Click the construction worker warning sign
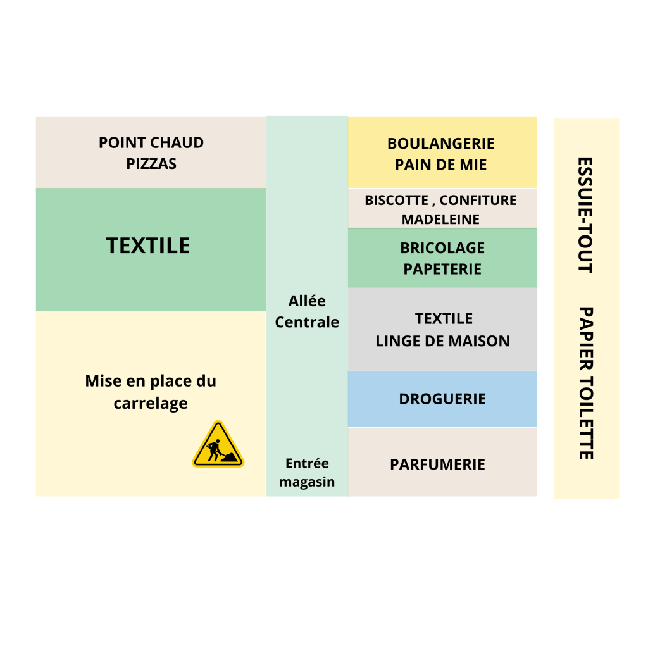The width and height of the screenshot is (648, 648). pyautogui.click(x=218, y=445)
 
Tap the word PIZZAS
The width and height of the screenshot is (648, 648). pyautogui.click(x=151, y=164)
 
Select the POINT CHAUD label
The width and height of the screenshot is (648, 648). pyautogui.click(x=151, y=142)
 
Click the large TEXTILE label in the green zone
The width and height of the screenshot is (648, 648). pyautogui.click(x=148, y=246)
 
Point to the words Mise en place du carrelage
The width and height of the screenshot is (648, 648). pyautogui.click(x=151, y=392)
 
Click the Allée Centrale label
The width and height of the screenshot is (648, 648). pyautogui.click(x=307, y=311)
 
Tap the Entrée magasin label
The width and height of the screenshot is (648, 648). pyautogui.click(x=307, y=473)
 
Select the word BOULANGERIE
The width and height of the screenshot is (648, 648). pyautogui.click(x=441, y=144)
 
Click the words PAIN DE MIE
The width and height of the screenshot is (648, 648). pyautogui.click(x=441, y=165)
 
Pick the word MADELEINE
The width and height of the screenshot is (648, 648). pyautogui.click(x=440, y=220)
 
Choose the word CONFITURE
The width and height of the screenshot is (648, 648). pyautogui.click(x=478, y=201)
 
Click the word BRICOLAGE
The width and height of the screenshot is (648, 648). pyautogui.click(x=442, y=247)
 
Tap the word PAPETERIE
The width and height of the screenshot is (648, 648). pyautogui.click(x=442, y=269)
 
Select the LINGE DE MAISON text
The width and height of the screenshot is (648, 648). pyautogui.click(x=442, y=341)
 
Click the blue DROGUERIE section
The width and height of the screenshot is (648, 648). pyautogui.click(x=442, y=399)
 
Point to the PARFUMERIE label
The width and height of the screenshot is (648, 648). pyautogui.click(x=437, y=464)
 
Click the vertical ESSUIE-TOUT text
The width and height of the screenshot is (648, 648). pyautogui.click(x=585, y=215)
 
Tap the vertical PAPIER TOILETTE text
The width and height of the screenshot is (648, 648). pyautogui.click(x=585, y=383)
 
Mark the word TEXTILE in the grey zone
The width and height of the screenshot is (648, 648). pyautogui.click(x=444, y=318)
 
